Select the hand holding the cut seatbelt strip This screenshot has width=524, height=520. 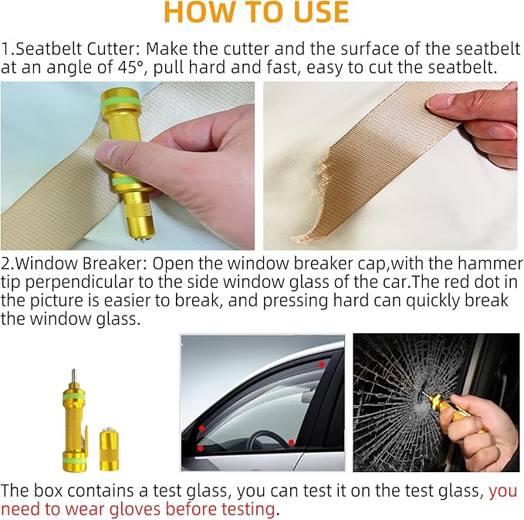pos(478,120)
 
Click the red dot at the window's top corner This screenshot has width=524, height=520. pos(320,362)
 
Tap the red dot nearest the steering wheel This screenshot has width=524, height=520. pos(291,442)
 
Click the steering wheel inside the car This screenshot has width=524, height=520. pos(266,437)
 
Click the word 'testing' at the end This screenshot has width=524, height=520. pos(248,508)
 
